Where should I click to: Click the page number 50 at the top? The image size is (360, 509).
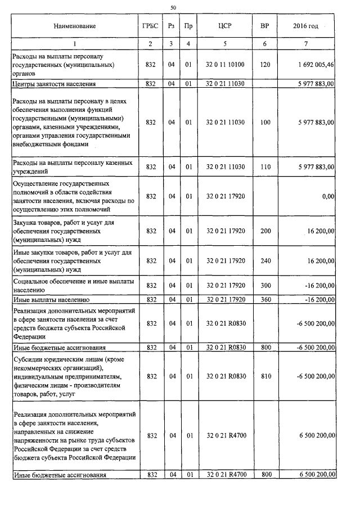click(173, 7)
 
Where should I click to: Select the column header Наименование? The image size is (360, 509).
click(74, 26)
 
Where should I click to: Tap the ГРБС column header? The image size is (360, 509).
click(150, 26)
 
